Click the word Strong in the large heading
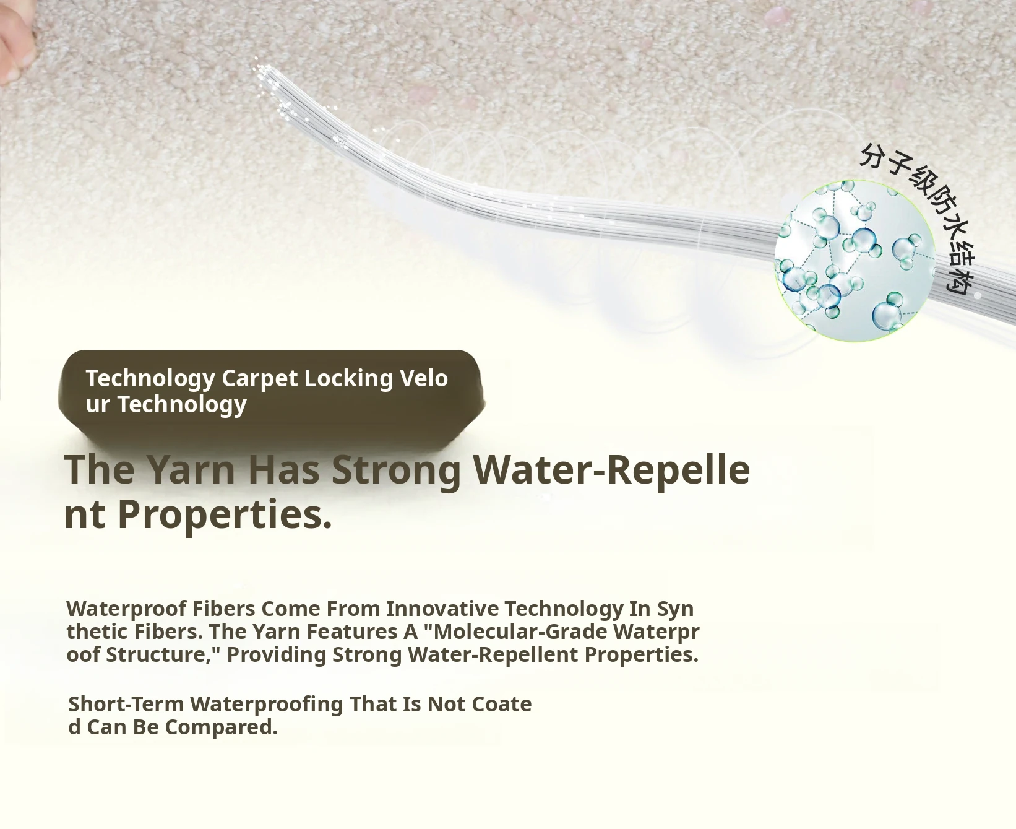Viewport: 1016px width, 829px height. [397, 470]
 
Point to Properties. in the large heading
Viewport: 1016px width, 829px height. [225, 514]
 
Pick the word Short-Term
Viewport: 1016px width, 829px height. [126, 704]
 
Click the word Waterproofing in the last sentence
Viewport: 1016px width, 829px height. [267, 705]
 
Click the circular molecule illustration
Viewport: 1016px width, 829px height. [855, 261]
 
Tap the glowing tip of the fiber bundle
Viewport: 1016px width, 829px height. [264, 69]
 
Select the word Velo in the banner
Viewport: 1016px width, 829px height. [424, 378]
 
